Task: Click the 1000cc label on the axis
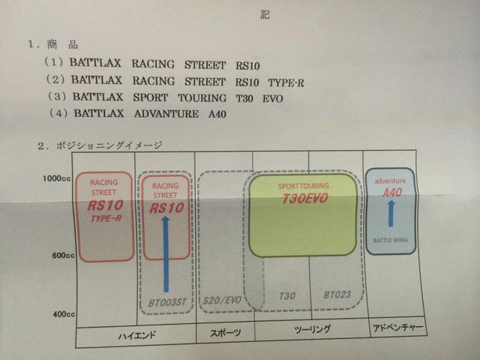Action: (x=57, y=178)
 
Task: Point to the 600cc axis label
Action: (x=63, y=255)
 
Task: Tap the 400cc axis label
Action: (x=64, y=314)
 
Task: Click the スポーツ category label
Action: (x=225, y=333)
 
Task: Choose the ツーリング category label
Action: (x=312, y=330)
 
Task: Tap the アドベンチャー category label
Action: (x=398, y=328)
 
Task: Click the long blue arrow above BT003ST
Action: (x=166, y=254)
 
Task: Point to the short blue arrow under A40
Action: (x=391, y=214)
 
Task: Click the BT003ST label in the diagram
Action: (x=167, y=303)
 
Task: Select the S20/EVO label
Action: (x=222, y=300)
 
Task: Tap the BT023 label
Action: (x=337, y=295)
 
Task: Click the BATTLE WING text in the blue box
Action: (x=391, y=240)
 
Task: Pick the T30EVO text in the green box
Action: (x=305, y=199)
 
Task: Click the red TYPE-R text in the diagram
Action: (x=106, y=218)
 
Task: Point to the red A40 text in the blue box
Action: (x=392, y=193)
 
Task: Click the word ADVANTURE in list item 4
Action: (x=166, y=114)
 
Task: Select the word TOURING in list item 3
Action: (x=202, y=98)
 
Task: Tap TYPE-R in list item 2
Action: (x=286, y=83)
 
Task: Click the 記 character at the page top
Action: (x=265, y=14)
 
